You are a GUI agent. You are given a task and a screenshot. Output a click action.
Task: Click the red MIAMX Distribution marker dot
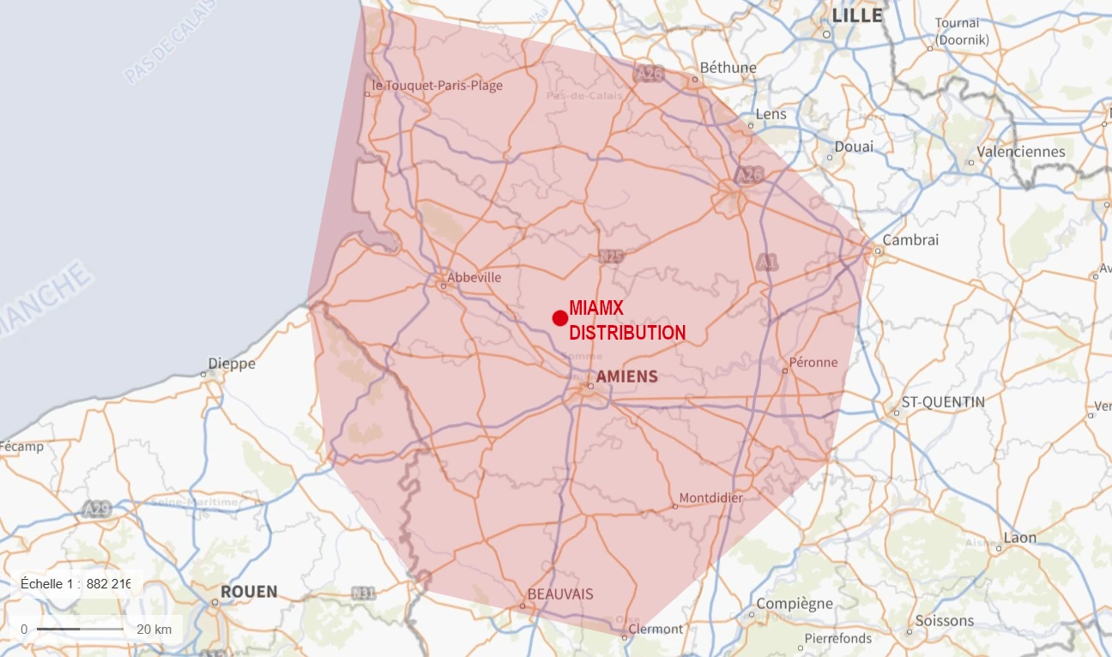(559, 318)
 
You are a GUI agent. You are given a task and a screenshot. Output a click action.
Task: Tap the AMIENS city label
(626, 377)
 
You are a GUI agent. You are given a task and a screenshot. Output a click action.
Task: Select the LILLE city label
(857, 15)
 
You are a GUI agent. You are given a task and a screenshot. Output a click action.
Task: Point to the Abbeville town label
(474, 277)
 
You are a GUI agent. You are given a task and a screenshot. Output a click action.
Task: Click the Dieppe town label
(232, 364)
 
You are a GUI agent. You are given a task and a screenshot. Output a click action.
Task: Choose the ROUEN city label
(249, 592)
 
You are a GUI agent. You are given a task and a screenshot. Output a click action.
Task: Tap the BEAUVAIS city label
(560, 594)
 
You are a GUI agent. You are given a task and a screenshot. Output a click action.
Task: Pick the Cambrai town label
(910, 240)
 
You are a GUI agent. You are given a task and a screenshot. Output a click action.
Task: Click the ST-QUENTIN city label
(943, 401)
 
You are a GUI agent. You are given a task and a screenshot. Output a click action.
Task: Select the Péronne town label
(813, 362)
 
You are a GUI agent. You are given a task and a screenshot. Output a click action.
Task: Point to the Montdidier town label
(710, 497)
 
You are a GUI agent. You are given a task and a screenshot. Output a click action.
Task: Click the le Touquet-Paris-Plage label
(438, 86)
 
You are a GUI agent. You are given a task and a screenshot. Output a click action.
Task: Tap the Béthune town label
(728, 67)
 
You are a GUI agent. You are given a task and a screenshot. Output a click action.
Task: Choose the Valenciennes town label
(1022, 152)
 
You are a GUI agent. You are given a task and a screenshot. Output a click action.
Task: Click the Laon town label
(1020, 538)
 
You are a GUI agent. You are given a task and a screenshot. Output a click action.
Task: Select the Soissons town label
(944, 620)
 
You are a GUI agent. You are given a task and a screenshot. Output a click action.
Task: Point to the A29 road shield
(97, 509)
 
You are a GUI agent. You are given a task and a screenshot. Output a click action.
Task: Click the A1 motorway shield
(766, 263)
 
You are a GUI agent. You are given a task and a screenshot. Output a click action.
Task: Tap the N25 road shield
(611, 256)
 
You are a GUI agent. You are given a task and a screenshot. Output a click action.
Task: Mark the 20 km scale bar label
(154, 630)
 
